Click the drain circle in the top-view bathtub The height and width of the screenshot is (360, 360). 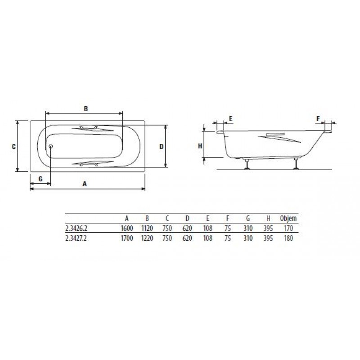(x=51, y=146)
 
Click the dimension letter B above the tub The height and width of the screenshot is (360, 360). (x=85, y=108)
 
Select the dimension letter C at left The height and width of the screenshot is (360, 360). (x=14, y=147)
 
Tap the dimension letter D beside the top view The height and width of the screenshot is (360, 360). (x=162, y=147)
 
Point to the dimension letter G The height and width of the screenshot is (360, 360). (x=40, y=179)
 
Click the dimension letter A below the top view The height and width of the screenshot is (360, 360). (x=85, y=184)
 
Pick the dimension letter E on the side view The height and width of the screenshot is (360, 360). (x=231, y=119)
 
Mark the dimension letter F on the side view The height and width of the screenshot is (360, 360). (x=318, y=119)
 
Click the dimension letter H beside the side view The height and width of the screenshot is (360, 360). (x=200, y=146)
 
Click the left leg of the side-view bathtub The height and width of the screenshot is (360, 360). (x=247, y=164)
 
